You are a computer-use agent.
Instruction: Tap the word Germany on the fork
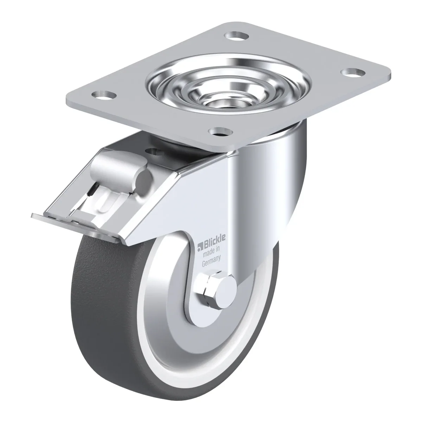[x=211, y=261]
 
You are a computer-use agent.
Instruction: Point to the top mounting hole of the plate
[x=237, y=36]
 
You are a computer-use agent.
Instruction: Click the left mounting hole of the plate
[x=104, y=95]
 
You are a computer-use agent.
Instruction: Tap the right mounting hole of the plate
[x=353, y=72]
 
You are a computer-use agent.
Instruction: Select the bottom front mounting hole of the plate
[x=220, y=132]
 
